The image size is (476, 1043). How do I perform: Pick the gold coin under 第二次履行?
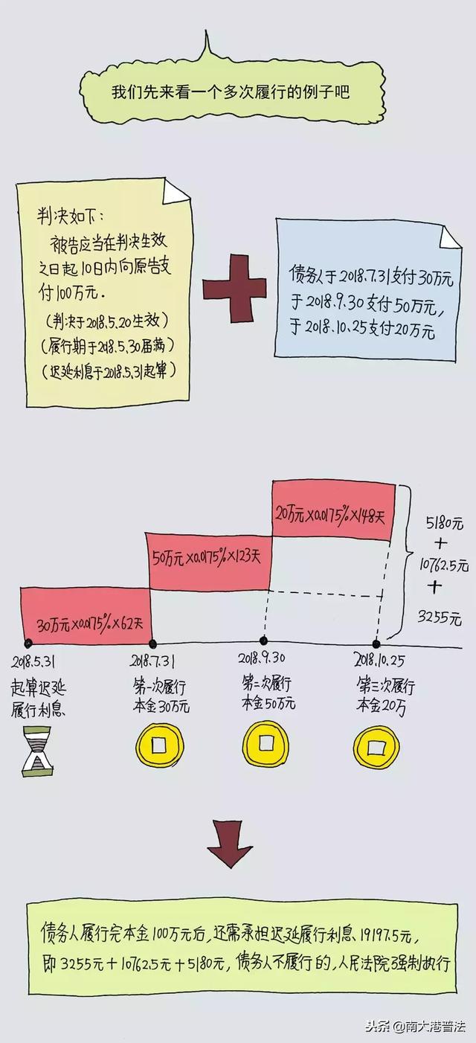[x=263, y=742]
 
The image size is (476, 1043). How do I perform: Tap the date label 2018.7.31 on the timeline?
[x=153, y=659]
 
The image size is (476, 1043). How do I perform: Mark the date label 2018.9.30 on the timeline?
[x=262, y=658]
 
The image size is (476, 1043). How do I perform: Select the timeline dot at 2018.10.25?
[x=376, y=644]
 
